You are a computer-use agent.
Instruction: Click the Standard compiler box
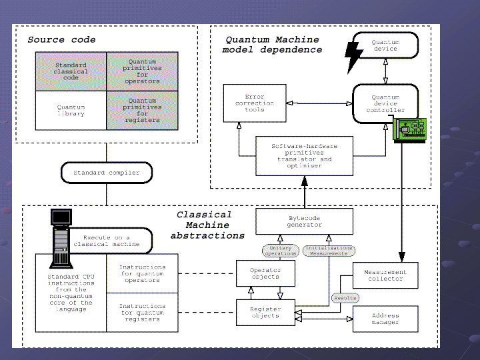point(107,173)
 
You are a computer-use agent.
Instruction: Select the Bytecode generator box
point(305,221)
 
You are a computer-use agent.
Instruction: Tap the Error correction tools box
point(255,103)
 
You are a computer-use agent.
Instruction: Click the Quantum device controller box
point(385,103)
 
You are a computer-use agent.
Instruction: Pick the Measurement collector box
point(385,275)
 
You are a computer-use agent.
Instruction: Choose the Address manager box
point(385,319)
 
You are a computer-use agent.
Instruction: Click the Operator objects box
point(265,273)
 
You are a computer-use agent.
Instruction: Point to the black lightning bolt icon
point(354,57)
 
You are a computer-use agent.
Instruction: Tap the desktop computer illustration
point(61,237)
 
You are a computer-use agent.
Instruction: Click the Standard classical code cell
point(71,71)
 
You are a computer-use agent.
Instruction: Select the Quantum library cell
point(71,110)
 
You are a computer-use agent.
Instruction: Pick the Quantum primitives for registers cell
point(143,110)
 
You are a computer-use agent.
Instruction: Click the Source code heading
point(61,40)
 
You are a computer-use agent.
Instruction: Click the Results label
point(345,297)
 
